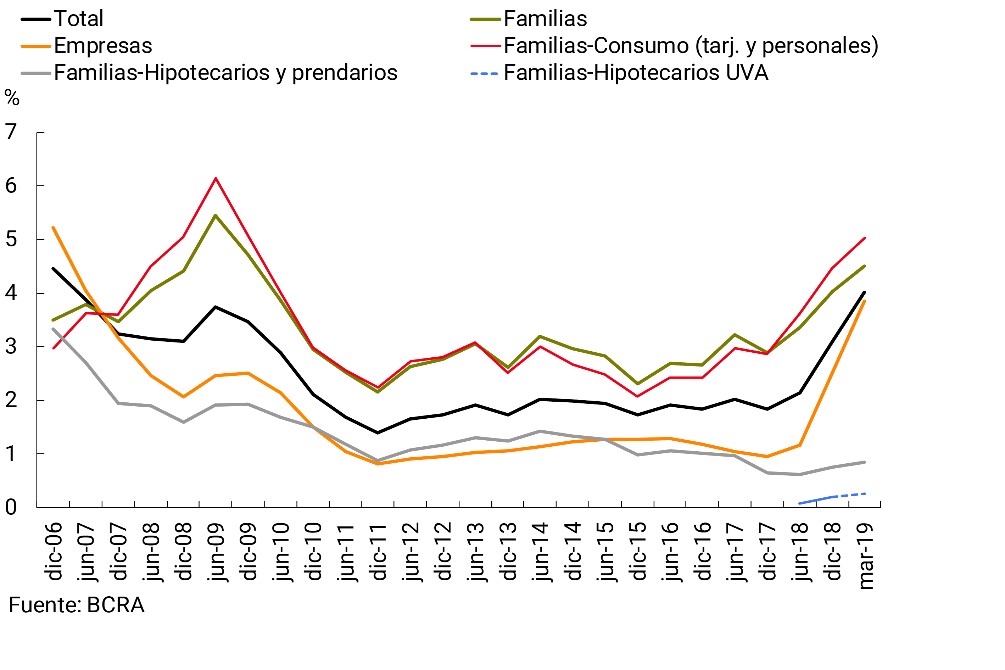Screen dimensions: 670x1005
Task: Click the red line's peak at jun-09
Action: coord(216,178)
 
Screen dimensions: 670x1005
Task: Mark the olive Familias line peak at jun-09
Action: coord(216,216)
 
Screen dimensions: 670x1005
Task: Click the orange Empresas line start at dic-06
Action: coord(53,228)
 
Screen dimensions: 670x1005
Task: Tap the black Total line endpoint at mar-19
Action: coord(864,292)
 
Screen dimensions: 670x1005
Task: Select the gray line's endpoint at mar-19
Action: coord(864,462)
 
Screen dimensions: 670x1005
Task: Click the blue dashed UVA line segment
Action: coord(833,497)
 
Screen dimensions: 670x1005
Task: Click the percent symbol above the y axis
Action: coord(12,98)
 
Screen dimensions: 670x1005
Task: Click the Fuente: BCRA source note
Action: coord(77,605)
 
